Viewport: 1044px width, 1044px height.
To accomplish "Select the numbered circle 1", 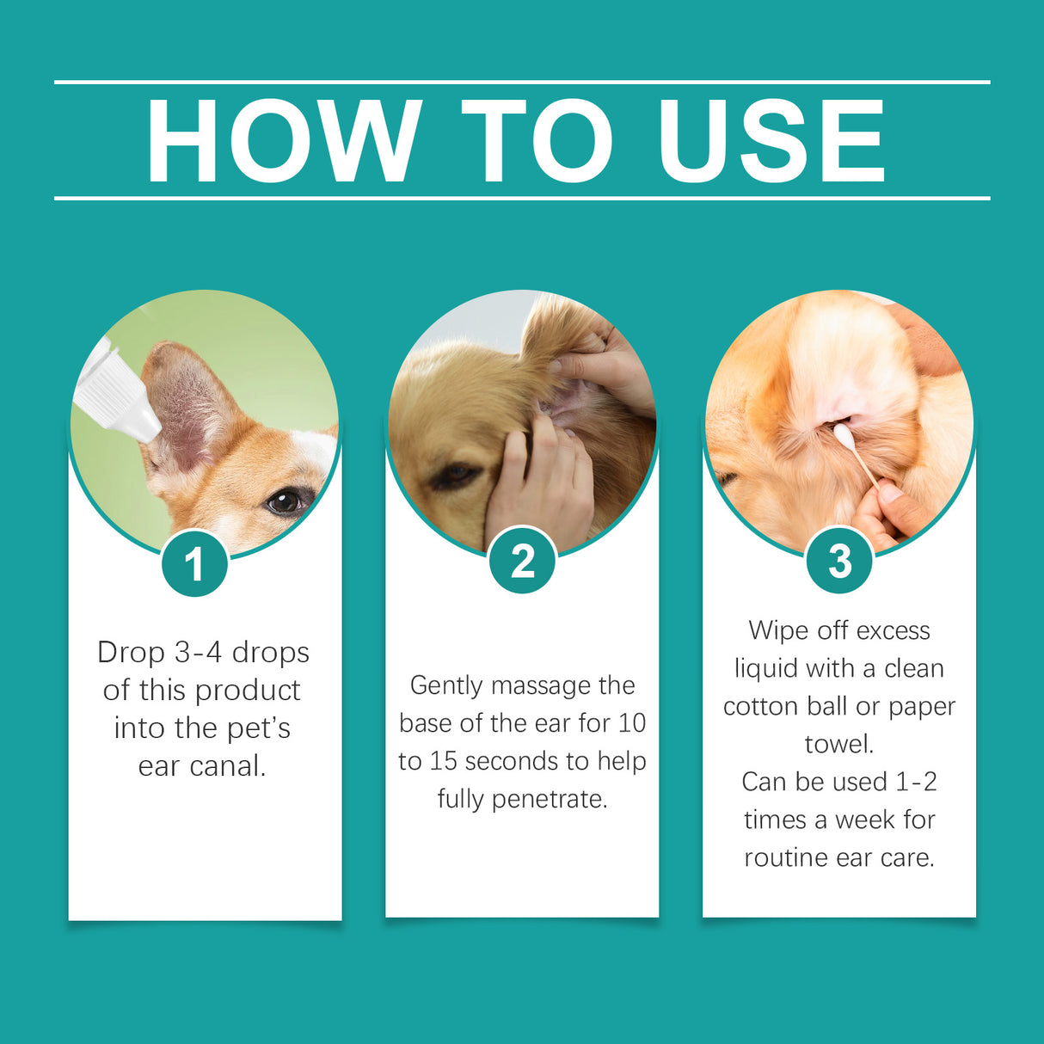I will tap(194, 564).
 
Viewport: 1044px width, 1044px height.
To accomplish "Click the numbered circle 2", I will tap(522, 562).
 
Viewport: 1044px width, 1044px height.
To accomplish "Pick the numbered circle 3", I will tap(839, 562).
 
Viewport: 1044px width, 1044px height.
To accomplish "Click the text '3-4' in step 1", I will tap(200, 652).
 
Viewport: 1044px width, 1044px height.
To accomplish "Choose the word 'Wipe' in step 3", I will tap(777, 630).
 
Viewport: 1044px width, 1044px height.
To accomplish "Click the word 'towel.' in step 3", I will tap(839, 744).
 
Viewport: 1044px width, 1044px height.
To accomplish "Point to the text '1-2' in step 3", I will tap(916, 782).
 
